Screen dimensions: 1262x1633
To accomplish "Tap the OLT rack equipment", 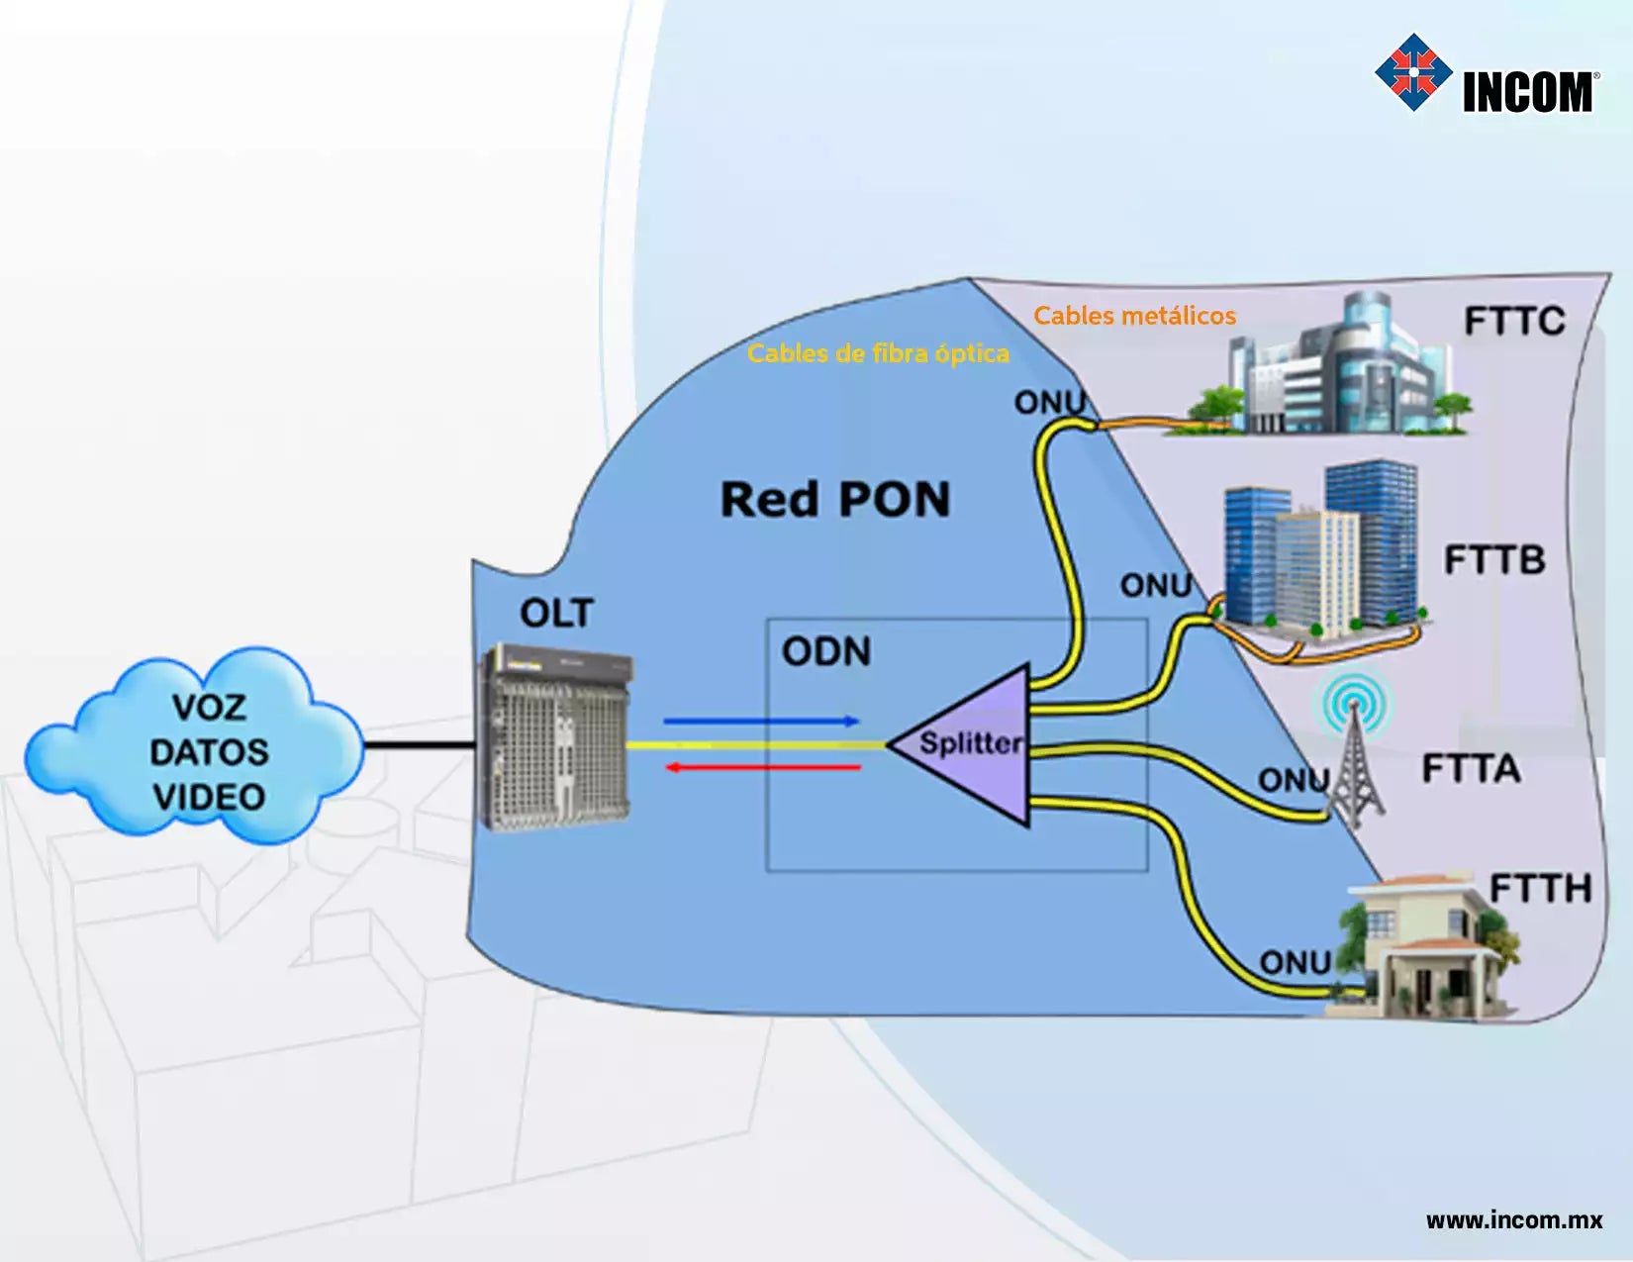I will coord(554,737).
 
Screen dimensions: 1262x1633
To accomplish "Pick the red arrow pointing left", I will coord(762,767).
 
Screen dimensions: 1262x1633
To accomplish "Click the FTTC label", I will coord(1514,322).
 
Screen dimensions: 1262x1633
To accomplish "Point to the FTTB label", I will coord(1494,560).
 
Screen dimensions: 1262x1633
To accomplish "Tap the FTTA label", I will coord(1471,769).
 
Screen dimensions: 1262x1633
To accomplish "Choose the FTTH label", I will coord(1540,889).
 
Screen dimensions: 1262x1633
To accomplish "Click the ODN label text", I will coord(826,651).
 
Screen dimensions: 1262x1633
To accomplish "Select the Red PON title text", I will coord(834,500).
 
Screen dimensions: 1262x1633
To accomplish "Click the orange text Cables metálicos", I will coord(1134,316).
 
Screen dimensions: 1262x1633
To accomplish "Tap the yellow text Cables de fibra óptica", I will coord(878,353).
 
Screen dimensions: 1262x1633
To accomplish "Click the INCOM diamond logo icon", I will coord(1413,72).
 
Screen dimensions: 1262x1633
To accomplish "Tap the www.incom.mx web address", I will coord(1514,1219).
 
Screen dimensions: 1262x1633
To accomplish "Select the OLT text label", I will coord(556,614).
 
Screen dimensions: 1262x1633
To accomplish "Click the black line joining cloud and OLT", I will coord(421,744).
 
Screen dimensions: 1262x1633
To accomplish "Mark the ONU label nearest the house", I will coord(1295,962).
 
